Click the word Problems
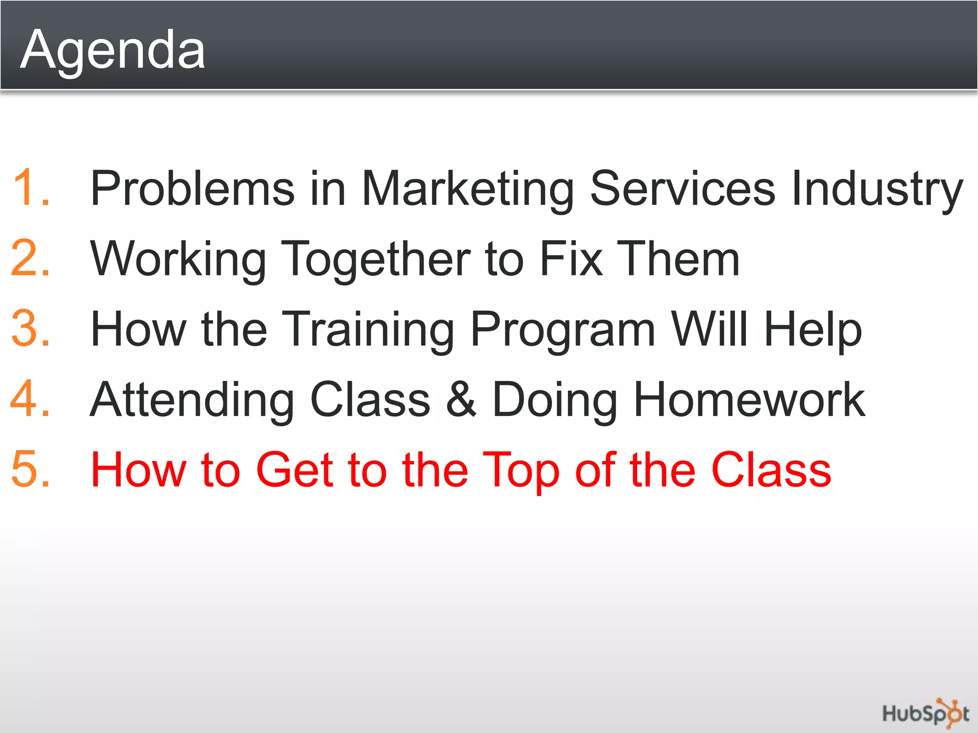192,188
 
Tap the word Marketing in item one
468,188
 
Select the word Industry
876,188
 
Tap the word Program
563,329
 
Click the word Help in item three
813,329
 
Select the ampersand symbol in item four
461,399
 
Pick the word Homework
749,399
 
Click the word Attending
192,400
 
